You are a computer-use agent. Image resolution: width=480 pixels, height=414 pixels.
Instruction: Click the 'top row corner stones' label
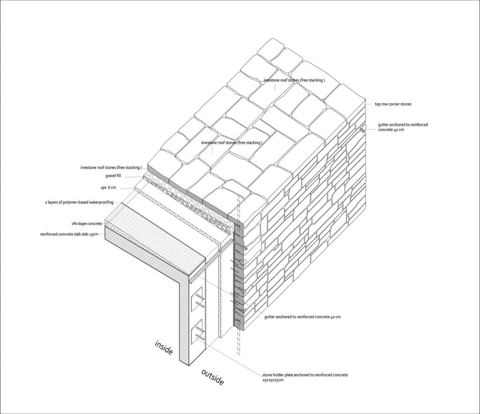[x=392, y=104]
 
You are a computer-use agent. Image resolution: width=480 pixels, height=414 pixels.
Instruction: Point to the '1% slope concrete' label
[x=87, y=224]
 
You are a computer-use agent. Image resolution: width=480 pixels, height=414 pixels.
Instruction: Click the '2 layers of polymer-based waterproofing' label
[x=80, y=203]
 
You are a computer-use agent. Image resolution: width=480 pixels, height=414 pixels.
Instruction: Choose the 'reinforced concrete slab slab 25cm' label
[x=69, y=234]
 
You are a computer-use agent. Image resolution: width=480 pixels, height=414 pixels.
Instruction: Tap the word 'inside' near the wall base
[x=164, y=347]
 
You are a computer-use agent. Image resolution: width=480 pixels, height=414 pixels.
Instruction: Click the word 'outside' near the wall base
[x=212, y=377]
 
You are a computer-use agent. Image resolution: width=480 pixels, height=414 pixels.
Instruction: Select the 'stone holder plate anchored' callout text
[x=305, y=375]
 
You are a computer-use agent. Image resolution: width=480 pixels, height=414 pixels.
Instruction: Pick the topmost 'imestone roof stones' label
[x=294, y=80]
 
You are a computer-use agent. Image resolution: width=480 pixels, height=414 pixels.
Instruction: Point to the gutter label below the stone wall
[x=302, y=317]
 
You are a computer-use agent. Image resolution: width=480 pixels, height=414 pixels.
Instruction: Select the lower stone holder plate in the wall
[x=198, y=331]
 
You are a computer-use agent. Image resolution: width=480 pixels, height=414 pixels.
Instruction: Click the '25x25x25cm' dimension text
[x=273, y=380]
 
